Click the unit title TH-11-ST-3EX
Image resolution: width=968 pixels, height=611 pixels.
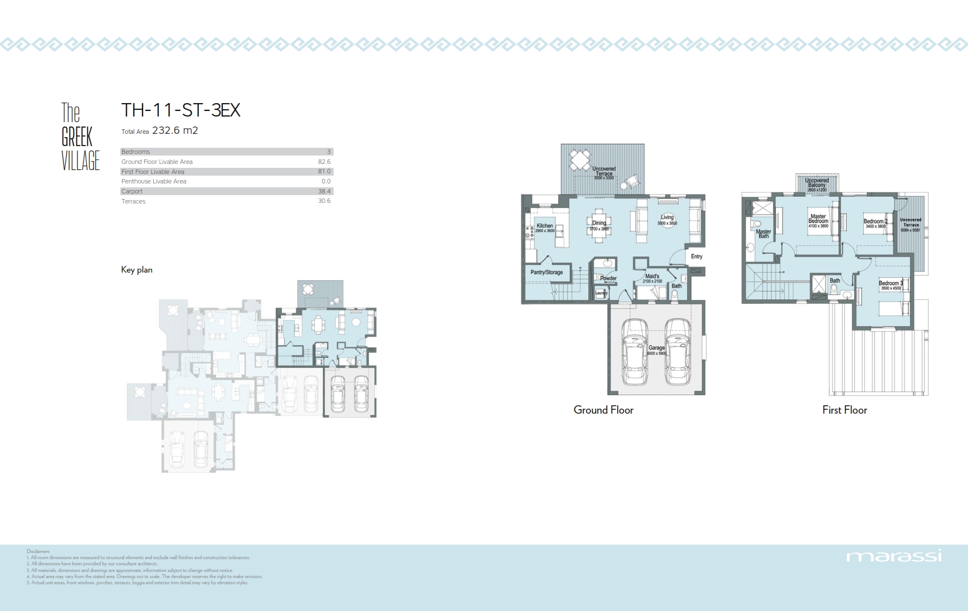pos(180,110)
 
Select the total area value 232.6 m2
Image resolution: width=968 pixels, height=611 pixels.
pos(175,130)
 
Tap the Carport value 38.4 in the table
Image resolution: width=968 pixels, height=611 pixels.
pos(324,191)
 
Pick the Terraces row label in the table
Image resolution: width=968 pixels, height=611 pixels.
pos(133,201)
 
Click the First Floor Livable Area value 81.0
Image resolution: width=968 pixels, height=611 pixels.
pos(324,172)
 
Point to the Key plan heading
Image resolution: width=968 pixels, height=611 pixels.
pos(136,270)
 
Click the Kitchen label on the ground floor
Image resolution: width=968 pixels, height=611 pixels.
pos(545,226)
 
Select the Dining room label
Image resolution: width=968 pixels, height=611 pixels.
pos(599,223)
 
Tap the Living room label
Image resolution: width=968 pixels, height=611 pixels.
pos(667,217)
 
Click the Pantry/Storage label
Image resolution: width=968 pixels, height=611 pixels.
pos(546,273)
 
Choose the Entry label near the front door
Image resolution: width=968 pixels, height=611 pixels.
pos(696,256)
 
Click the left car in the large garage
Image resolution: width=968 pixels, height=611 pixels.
pos(634,352)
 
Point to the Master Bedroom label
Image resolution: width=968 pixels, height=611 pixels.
pos(818,219)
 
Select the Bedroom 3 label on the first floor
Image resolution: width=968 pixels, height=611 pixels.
pos(891,283)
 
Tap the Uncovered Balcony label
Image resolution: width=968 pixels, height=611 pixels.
pos(817,182)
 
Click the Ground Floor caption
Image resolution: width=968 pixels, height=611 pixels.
pos(603,410)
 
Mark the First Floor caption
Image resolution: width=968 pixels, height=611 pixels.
pos(844,410)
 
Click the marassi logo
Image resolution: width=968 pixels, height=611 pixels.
pos(893,556)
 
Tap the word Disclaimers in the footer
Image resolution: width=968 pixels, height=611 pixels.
pos(38,551)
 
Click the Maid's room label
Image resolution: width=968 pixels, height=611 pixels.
pos(652,277)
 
